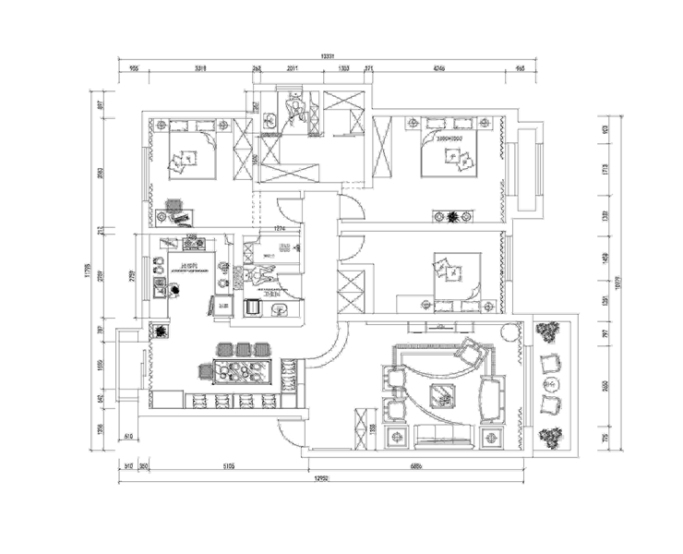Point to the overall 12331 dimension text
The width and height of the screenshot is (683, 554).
[x=326, y=56]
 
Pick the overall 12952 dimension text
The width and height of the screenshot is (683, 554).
[x=322, y=478]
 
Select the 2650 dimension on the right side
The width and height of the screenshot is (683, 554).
[x=605, y=387]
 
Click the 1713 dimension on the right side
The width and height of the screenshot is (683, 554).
[x=605, y=170]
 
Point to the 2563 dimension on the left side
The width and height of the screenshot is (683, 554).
[x=102, y=173]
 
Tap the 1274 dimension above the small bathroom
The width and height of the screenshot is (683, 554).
[x=281, y=229]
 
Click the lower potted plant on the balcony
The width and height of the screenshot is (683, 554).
[x=551, y=438]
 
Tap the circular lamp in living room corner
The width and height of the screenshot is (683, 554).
[x=509, y=331]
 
